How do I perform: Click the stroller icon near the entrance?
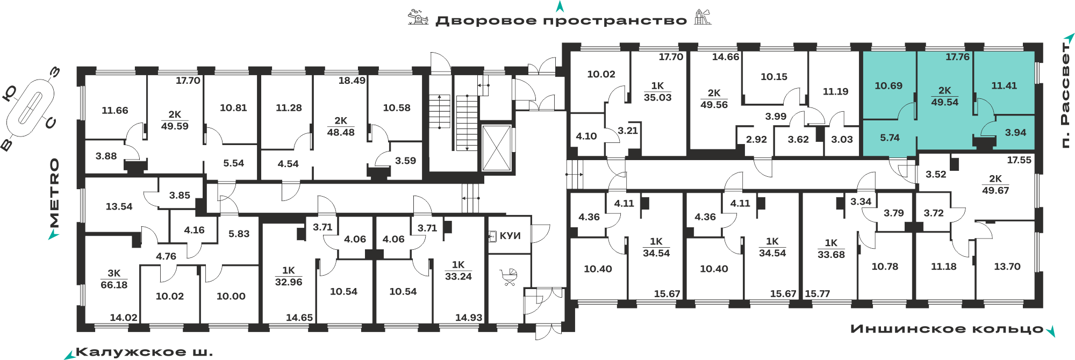[x=508, y=277]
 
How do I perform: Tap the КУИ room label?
[x=510, y=236]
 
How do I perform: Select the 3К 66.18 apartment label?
[x=114, y=279]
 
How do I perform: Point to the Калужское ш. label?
[x=145, y=352]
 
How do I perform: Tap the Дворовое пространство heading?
[x=561, y=21]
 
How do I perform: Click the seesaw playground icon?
[x=418, y=17]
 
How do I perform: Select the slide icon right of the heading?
[x=703, y=17]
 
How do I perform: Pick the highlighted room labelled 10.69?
[x=888, y=85]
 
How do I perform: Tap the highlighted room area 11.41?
[x=1004, y=85]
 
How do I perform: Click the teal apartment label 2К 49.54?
[x=944, y=97]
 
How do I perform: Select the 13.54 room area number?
[x=119, y=206]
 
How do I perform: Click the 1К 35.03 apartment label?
[x=657, y=92]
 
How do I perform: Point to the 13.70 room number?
[x=1007, y=267]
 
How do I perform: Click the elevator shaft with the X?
[x=496, y=148]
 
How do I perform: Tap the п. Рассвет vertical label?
[x=1065, y=95]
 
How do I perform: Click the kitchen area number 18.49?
[x=352, y=81]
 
